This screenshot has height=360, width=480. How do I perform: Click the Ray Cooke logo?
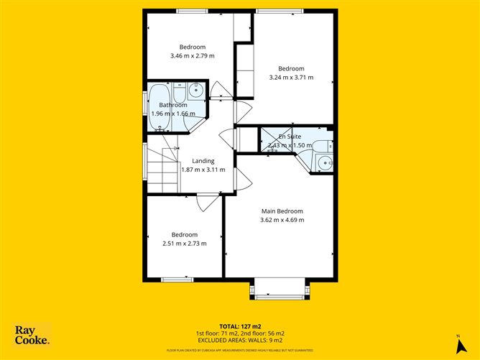pos(32,335)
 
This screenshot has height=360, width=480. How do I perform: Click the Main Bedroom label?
pos(281,211)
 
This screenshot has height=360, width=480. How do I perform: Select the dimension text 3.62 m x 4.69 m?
pos(281,220)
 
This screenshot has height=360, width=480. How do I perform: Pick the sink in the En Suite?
pos(324,162)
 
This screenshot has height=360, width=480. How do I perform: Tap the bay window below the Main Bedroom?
pos(281,288)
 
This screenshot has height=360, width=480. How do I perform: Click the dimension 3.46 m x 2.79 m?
pos(192,56)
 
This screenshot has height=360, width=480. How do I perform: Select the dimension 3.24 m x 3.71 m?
pos(291,78)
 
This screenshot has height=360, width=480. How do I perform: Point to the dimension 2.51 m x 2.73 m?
pos(184,244)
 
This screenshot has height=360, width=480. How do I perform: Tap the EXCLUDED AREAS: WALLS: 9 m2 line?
pos(239,340)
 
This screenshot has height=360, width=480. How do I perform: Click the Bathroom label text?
pos(173,105)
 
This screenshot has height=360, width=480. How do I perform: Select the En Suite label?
pos(291,136)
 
